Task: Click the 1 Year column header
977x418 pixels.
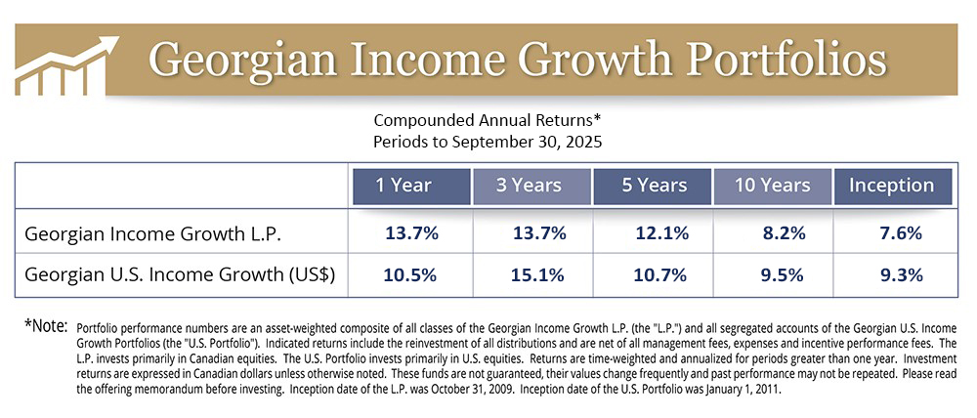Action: tap(409, 186)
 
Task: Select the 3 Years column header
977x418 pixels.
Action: tap(531, 186)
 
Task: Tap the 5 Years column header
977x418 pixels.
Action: tap(653, 186)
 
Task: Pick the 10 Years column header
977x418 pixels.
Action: tap(773, 186)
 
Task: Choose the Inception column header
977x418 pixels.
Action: tap(892, 186)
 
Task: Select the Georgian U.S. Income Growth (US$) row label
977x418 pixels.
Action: tap(180, 274)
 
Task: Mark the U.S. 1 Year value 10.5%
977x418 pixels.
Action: tap(411, 274)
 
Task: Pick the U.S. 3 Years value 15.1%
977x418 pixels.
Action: tap(537, 274)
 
